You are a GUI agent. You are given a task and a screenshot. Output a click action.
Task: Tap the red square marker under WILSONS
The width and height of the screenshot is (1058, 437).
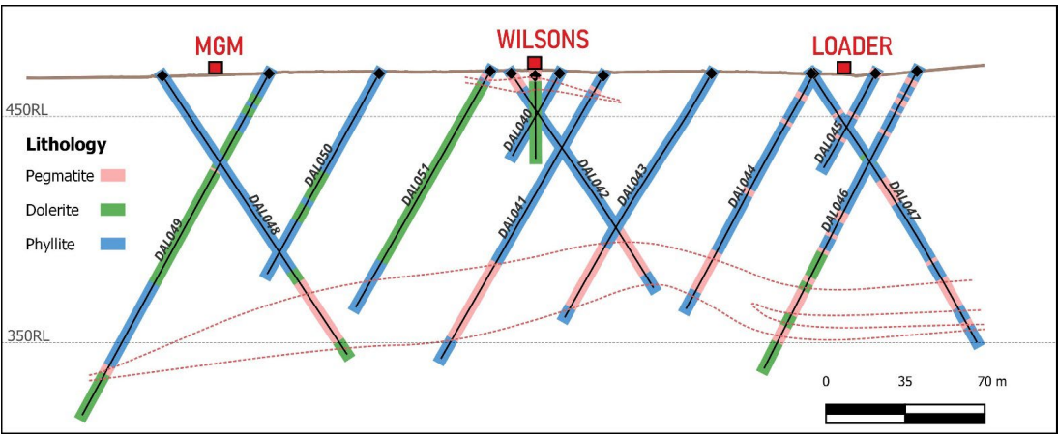pos(535,63)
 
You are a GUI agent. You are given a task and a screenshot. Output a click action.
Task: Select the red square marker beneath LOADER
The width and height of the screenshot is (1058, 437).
pos(843,68)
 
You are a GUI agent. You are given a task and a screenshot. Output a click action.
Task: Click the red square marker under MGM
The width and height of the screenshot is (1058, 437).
pos(216,68)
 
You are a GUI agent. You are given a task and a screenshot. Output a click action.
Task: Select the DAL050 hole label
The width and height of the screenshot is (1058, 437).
pos(317,166)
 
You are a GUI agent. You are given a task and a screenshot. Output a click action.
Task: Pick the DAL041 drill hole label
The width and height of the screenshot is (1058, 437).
pos(513,216)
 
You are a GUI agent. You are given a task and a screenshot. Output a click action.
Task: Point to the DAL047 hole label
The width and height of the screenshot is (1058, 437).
pos(903,200)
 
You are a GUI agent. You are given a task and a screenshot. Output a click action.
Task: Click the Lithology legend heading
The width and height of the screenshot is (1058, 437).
pos(66,144)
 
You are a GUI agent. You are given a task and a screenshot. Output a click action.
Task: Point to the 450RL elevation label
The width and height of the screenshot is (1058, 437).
pos(26,110)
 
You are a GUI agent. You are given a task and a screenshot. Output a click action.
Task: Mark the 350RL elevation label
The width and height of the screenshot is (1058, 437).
pos(27,335)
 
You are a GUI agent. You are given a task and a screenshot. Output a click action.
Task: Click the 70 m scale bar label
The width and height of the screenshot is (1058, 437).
pos(991,382)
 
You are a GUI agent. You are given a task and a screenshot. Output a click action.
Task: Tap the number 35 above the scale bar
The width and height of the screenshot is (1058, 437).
pos(905,382)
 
